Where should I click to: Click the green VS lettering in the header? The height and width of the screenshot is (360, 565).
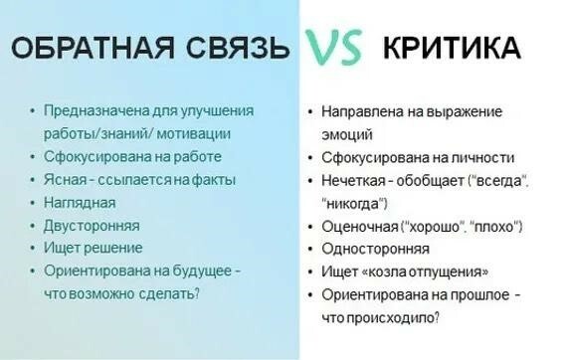pos(333,48)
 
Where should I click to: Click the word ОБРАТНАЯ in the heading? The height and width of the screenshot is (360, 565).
pos(86,48)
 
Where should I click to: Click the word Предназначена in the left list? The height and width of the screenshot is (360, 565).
pos(91,109)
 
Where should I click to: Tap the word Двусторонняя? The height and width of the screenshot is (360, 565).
pos(92,225)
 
